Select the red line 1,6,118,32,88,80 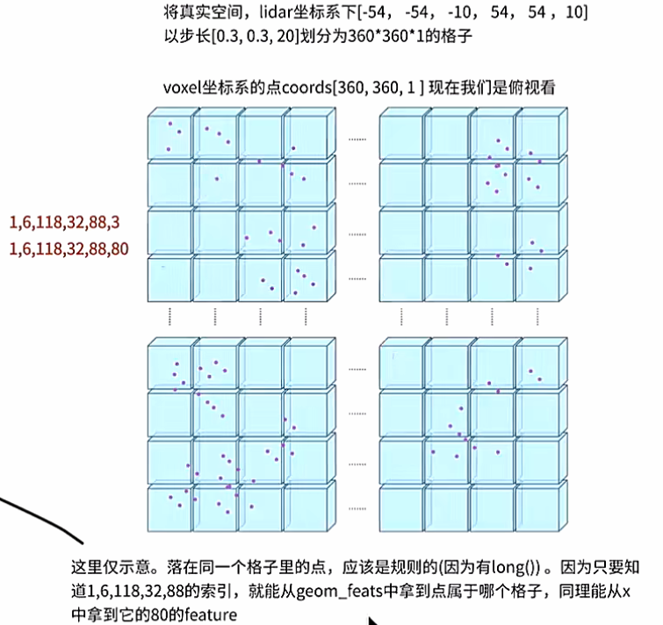[68, 248]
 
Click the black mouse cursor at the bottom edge [373, 619]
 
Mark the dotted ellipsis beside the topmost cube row [357, 139]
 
